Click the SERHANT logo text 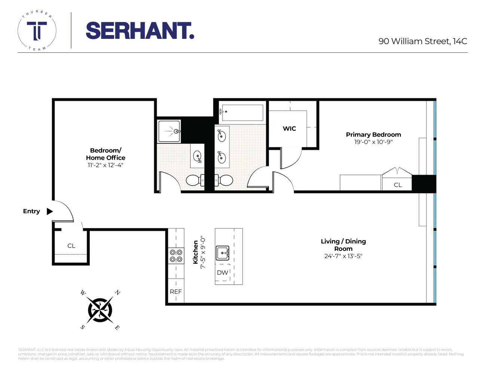point(140,31)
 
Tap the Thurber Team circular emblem point(37,31)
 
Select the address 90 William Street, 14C point(423,41)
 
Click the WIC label point(289,129)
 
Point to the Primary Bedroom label point(373,135)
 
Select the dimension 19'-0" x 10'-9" point(373,142)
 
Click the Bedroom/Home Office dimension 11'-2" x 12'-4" point(105,165)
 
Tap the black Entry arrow point(50,211)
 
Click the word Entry point(31,211)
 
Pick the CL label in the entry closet point(71,246)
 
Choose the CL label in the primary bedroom point(398,185)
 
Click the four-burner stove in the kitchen point(176,256)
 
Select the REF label point(176,292)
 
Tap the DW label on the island point(223,273)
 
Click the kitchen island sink point(223,253)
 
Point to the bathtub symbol point(241,112)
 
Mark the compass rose point(100,310)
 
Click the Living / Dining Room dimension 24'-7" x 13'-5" point(343,256)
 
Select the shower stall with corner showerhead point(169,131)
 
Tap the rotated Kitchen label point(196,252)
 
